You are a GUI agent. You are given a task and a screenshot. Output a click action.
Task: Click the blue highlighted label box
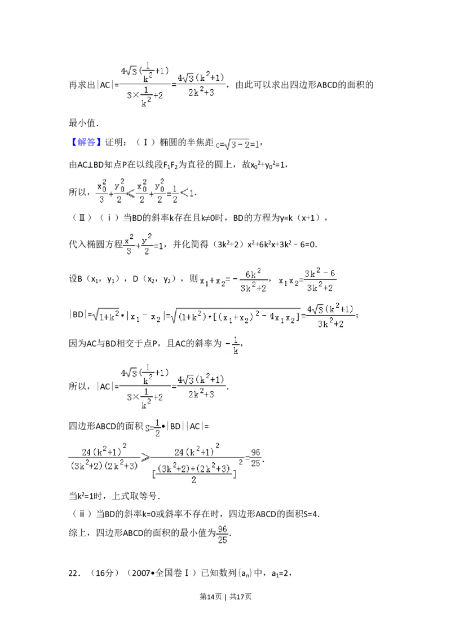tap(87, 143)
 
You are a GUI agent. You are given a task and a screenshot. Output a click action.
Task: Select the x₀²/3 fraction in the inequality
tap(102, 192)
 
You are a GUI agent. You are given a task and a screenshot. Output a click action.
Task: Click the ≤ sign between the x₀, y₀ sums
tap(130, 193)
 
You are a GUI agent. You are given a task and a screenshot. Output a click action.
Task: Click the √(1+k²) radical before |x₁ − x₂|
tap(107, 317)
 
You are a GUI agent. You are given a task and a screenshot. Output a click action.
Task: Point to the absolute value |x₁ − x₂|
tap(149, 317)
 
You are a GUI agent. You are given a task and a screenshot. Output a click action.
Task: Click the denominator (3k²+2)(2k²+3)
tap(105, 467)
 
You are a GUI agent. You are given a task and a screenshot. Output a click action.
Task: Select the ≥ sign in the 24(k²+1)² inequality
tap(145, 458)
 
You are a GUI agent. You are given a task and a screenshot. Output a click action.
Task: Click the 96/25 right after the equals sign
tap(256, 458)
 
